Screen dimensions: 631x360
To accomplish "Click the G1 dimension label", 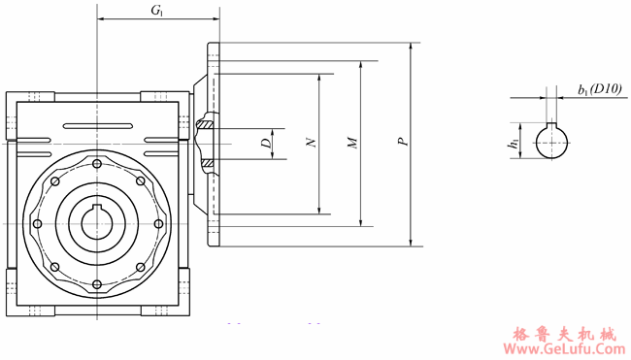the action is (x=157, y=11).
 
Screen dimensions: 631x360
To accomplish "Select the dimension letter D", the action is (x=266, y=144).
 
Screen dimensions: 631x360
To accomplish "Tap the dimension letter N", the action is (x=311, y=143).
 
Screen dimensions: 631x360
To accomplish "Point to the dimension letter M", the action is (x=352, y=143).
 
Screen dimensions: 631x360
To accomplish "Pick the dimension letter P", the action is (x=403, y=141).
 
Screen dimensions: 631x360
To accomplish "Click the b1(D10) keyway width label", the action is (x=600, y=89).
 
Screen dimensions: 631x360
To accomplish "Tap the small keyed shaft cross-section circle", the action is (x=551, y=142).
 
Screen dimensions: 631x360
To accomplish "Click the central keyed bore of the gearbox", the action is (x=97, y=222).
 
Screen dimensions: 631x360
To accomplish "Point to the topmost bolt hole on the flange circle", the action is (x=96, y=164).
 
